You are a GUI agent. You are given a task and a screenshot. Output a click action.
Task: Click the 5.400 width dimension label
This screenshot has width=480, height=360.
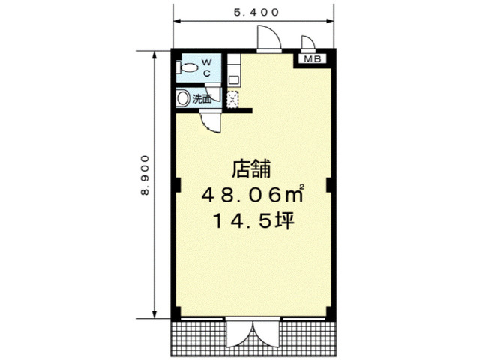click(x=256, y=12)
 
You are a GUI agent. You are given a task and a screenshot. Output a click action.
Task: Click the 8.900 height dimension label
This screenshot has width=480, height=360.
click(x=145, y=175)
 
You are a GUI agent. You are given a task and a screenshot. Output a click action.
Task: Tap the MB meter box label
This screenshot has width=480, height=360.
click(x=313, y=58)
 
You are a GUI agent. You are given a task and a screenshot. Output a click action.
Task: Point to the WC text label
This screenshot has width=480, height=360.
click(x=207, y=68)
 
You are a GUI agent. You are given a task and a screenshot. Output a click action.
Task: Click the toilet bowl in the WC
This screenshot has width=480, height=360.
click(x=190, y=67)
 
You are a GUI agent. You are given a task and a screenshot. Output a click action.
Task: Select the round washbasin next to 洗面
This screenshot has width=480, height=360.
click(x=183, y=98)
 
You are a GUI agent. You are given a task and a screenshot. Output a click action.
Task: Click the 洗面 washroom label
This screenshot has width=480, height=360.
click(x=202, y=98)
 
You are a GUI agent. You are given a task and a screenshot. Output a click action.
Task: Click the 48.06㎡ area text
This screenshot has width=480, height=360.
click(x=253, y=194)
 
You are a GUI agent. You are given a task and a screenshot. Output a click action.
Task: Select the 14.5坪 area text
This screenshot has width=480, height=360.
click(x=253, y=220)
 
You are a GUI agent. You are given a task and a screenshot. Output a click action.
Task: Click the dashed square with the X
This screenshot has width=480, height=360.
click(x=232, y=99)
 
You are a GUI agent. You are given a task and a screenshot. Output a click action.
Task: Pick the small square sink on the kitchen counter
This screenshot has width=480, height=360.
click(x=234, y=80)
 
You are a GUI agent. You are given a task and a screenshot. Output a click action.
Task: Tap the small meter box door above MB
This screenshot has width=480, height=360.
click(x=308, y=42)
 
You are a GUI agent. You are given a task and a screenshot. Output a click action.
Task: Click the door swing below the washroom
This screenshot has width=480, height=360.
click(x=210, y=122)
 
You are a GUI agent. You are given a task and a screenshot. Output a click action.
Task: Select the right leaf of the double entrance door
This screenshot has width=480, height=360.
click(x=266, y=334)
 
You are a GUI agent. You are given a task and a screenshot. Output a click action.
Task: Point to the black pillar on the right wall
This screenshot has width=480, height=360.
click(x=328, y=185)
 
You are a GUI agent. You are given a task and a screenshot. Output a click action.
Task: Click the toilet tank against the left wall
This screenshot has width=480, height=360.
click(x=178, y=67)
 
